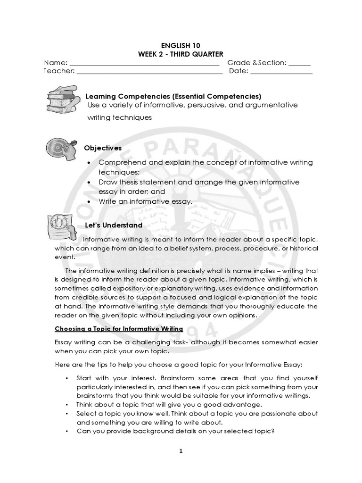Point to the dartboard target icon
pos(61,148)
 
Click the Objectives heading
pos(103,148)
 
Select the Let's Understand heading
pos(113,225)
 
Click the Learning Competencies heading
pos(173,96)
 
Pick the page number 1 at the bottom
pos(181,451)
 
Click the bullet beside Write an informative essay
pos(90,201)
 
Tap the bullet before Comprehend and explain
pos(90,163)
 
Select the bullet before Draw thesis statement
pos(90,182)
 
